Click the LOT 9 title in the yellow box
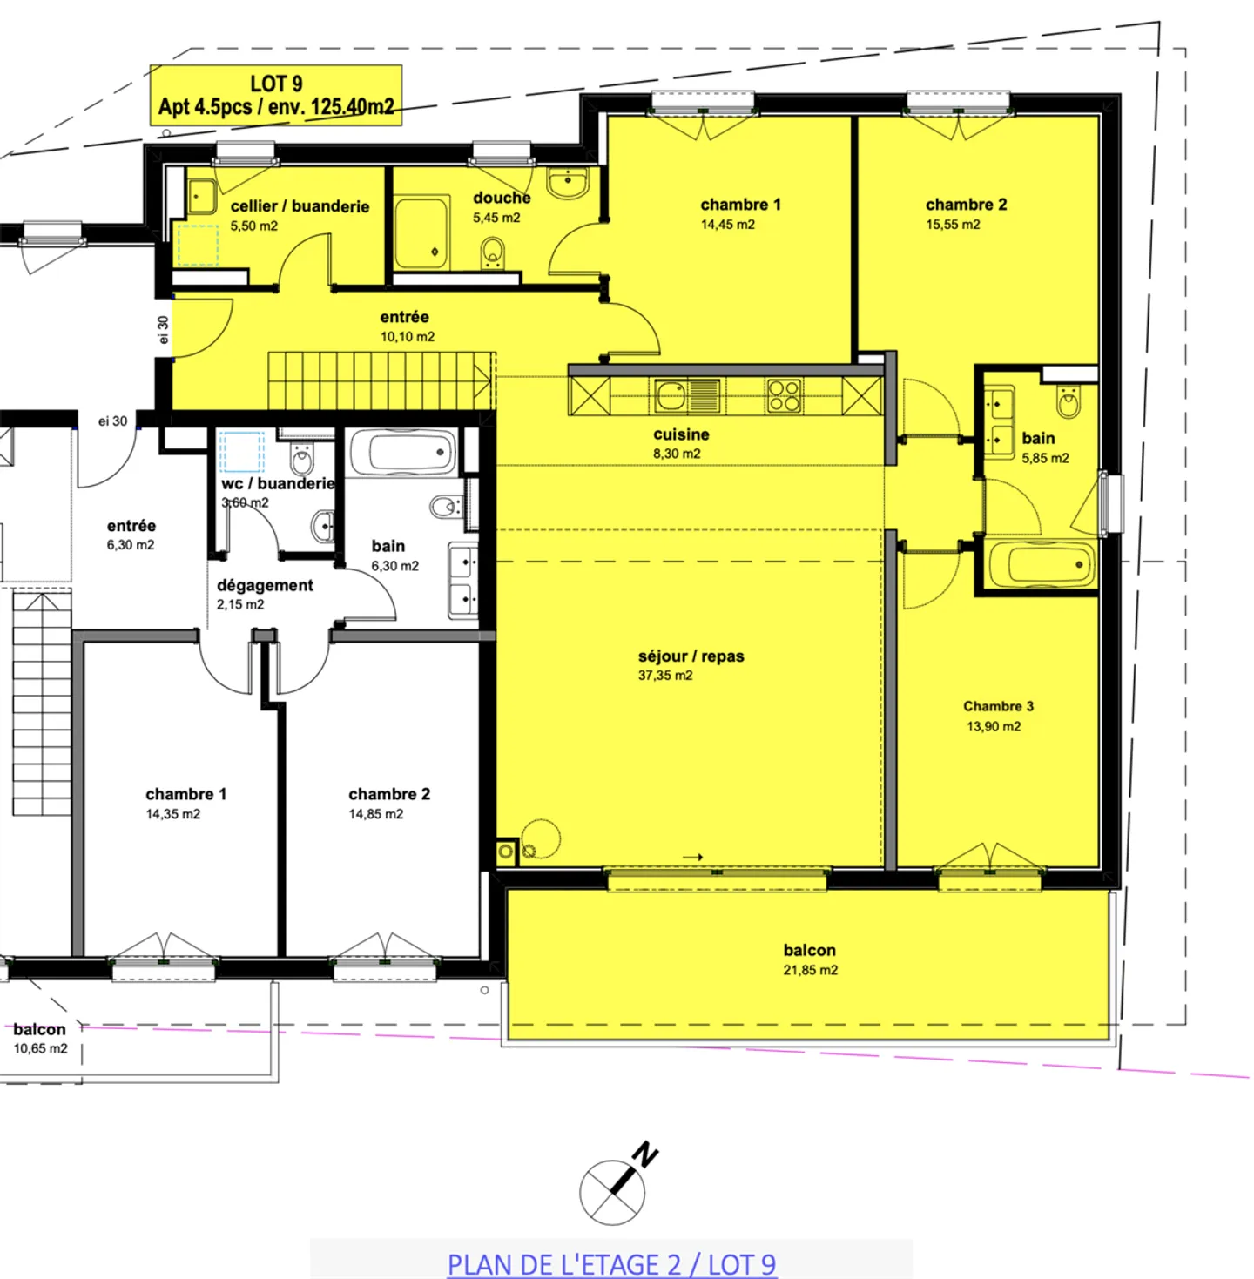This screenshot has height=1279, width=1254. click(276, 84)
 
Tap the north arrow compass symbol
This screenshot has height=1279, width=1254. click(615, 1189)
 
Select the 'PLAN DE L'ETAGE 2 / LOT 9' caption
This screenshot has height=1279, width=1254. click(611, 1263)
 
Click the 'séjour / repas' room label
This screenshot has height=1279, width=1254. click(691, 656)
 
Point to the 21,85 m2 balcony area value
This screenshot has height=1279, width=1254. click(810, 970)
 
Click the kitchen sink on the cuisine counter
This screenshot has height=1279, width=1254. click(672, 396)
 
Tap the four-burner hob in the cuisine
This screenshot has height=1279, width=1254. click(784, 396)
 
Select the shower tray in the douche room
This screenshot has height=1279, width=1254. click(421, 233)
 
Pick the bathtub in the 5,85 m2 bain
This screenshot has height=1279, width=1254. click(1042, 565)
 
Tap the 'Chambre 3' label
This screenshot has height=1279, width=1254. click(998, 706)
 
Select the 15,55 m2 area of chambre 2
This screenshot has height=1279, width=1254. click(953, 225)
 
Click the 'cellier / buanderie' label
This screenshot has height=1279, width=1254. click(300, 206)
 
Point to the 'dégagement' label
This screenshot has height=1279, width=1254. click(265, 585)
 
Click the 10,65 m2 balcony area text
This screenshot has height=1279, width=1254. click(40, 1048)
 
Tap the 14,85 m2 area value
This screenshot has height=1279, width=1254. click(376, 814)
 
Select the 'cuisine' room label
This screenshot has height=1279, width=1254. click(681, 434)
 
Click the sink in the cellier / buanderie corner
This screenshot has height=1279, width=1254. click(202, 197)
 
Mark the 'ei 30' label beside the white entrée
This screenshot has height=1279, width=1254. click(112, 421)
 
